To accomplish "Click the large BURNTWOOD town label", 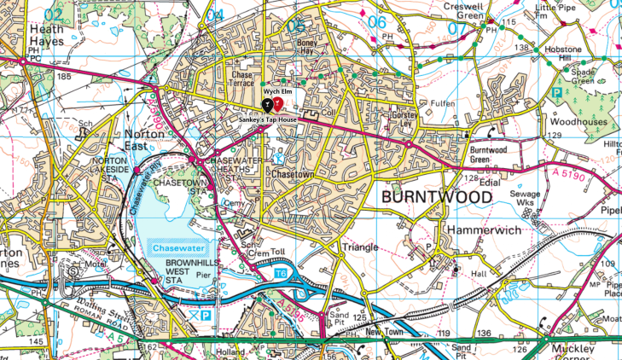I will [438, 197].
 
